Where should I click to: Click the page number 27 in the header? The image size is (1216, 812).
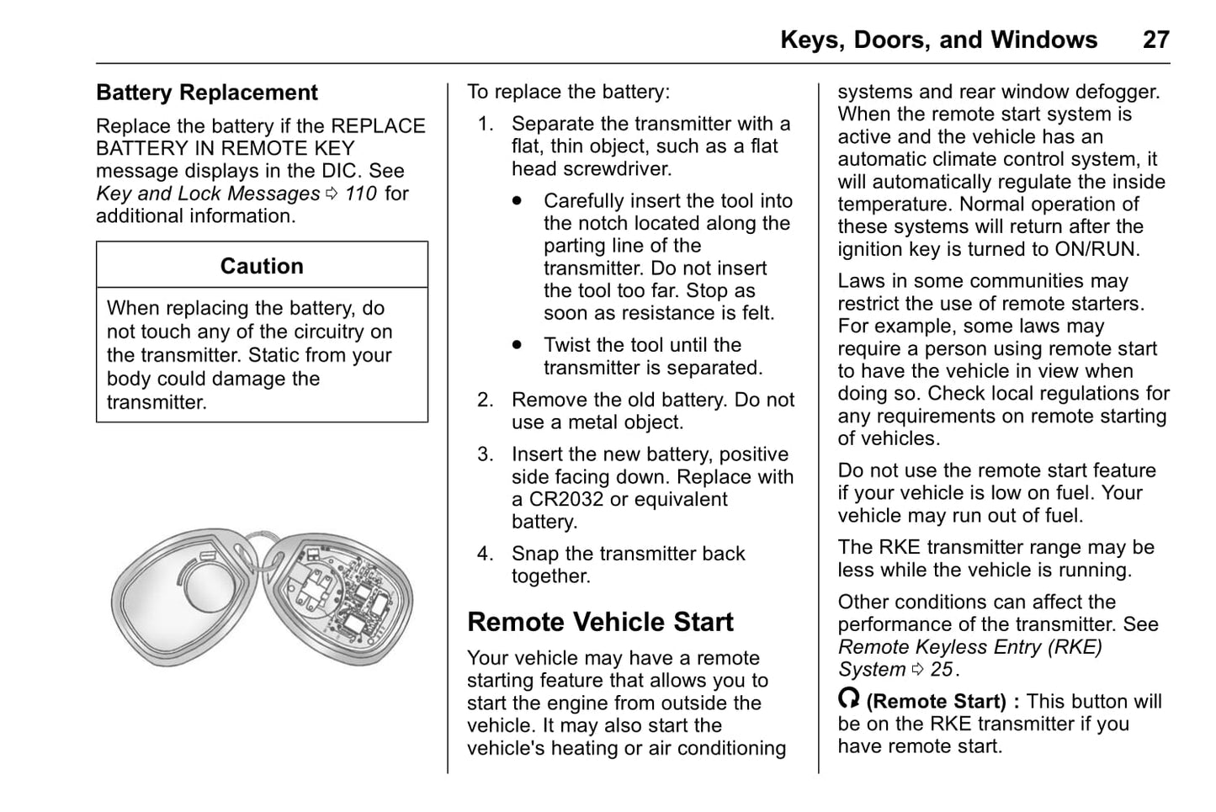[1155, 40]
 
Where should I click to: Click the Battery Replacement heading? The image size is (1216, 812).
[206, 93]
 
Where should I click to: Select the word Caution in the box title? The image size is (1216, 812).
[262, 266]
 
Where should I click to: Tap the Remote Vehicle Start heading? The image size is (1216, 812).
[600, 622]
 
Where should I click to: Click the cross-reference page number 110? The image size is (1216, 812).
[360, 194]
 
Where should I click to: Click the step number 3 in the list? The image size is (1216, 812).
[486, 454]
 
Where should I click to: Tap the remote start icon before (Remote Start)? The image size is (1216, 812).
[849, 698]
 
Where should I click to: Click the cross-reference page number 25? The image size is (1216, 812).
[941, 670]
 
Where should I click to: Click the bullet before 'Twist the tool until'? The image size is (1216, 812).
[517, 345]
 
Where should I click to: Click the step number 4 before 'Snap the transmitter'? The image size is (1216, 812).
[486, 554]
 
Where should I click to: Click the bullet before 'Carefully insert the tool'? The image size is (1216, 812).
[517, 201]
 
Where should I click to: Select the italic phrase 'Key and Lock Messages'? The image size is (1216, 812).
[208, 194]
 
